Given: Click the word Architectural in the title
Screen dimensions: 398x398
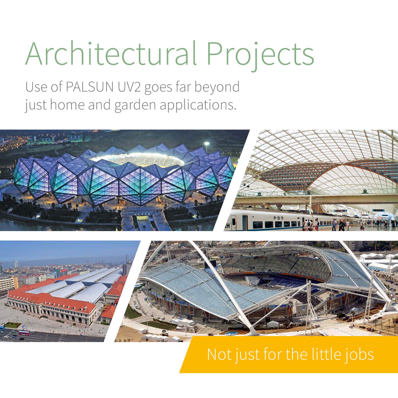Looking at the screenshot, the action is pyautogui.click(x=110, y=53).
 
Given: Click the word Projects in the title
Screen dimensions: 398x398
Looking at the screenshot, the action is pyautogui.click(x=260, y=56).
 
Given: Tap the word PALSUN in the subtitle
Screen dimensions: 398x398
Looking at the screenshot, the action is pyautogui.click(x=90, y=87).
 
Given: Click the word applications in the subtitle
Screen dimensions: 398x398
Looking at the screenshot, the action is pyautogui.click(x=198, y=105).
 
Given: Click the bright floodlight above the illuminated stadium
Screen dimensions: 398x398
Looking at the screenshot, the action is pyautogui.click(x=207, y=143).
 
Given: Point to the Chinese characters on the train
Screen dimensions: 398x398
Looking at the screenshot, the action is pyautogui.click(x=278, y=218).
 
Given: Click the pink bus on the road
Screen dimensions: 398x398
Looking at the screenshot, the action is pyautogui.click(x=24, y=333).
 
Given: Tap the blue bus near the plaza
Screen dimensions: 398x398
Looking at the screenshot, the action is pyautogui.click(x=2, y=328).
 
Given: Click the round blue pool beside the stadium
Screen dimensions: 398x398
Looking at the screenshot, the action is pyautogui.click(x=231, y=333).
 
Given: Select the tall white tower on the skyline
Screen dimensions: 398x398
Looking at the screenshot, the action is pyautogui.click(x=16, y=264).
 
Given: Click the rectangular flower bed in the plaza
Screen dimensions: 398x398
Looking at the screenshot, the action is pyautogui.click(x=13, y=325).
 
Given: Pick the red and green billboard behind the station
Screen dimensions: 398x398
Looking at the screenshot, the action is pyautogui.click(x=61, y=271).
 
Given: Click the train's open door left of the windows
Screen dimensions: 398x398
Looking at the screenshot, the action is pyautogui.click(x=245, y=223).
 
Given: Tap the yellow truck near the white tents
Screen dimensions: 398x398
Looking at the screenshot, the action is pyautogui.click(x=165, y=333).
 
